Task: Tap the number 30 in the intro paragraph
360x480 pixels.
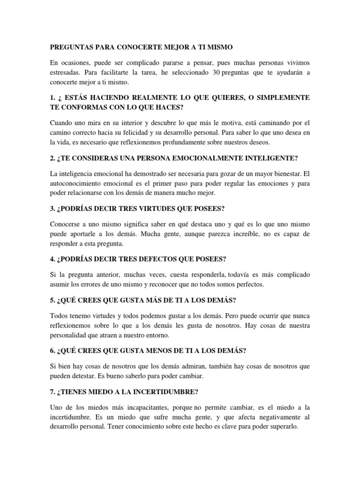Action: click(x=216, y=72)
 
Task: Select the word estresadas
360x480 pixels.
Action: click(x=67, y=72)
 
